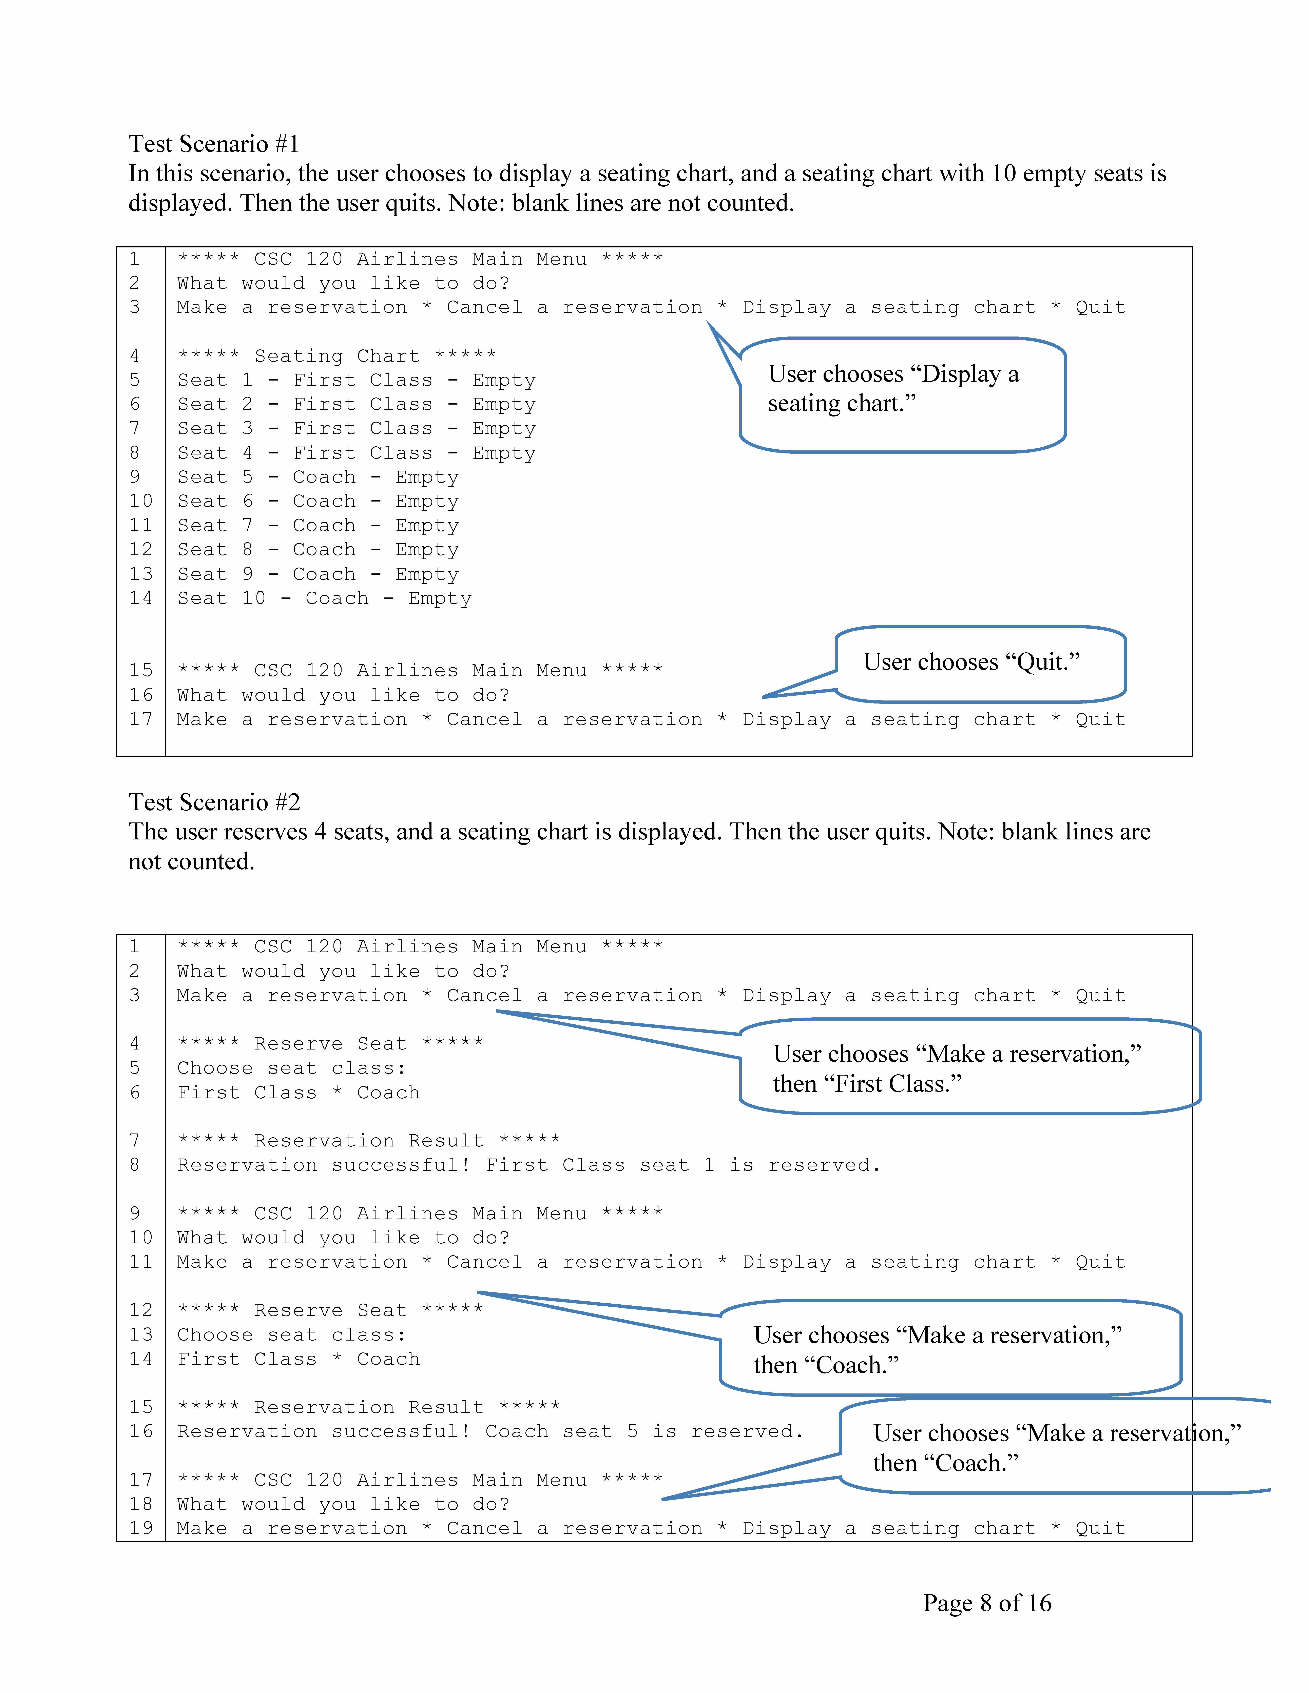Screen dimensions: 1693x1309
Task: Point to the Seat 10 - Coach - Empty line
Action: click(x=324, y=598)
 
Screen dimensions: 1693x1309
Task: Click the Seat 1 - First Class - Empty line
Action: click(x=356, y=381)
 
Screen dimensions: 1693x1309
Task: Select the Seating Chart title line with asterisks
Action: click(x=336, y=356)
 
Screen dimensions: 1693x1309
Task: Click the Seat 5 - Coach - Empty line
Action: click(x=318, y=477)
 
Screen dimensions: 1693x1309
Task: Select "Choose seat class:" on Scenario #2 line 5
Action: click(x=292, y=1068)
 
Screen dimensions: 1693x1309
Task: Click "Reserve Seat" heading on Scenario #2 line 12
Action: click(x=330, y=1310)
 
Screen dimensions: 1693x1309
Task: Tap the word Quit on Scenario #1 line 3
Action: click(x=1100, y=308)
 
